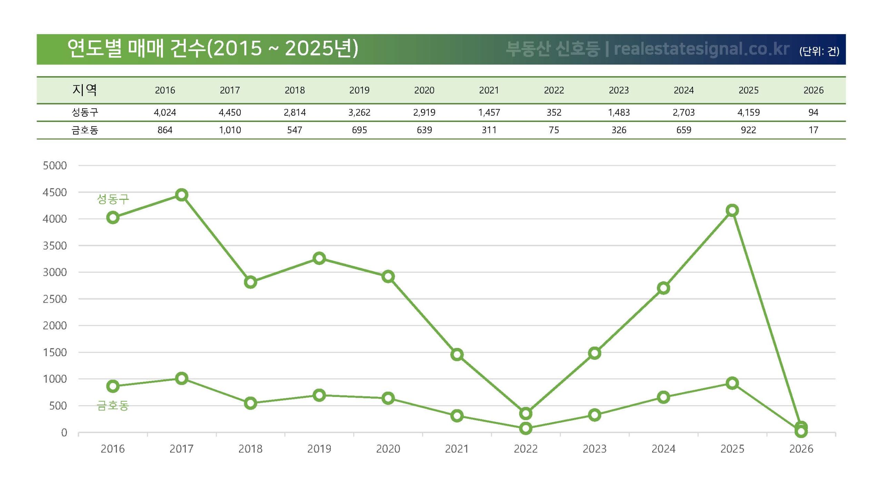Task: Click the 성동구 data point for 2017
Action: [181, 195]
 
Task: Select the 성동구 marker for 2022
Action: [525, 413]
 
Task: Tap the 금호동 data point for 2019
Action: [319, 395]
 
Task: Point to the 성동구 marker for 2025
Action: [732, 211]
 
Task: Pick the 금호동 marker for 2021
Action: [457, 416]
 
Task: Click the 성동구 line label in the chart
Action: [113, 199]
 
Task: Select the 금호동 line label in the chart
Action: [113, 405]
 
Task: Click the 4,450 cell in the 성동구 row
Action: [230, 113]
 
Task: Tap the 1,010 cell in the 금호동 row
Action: [230, 130]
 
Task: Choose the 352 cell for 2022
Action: [554, 113]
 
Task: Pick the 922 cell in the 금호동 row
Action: [748, 130]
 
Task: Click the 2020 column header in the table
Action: [424, 90]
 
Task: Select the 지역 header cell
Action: [85, 90]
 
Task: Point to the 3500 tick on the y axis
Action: [54, 246]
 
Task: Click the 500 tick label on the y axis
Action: [58, 406]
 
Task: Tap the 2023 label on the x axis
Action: [594, 449]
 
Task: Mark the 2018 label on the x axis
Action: [250, 449]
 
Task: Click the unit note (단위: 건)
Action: [819, 51]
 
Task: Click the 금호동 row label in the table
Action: [85, 130]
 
